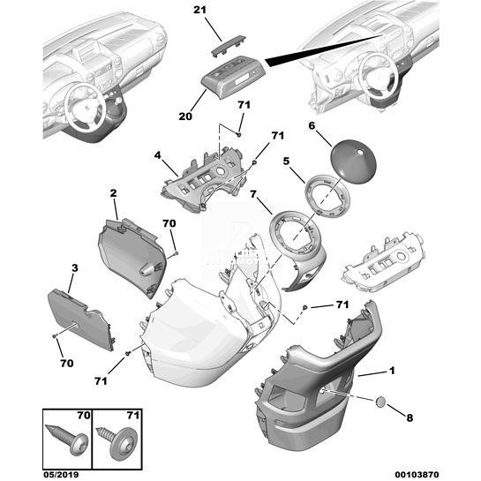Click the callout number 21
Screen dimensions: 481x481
pos(199,10)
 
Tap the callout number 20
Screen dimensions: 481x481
pos(185,116)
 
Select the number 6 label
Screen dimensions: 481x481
pos(312,125)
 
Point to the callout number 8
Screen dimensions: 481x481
pos(410,417)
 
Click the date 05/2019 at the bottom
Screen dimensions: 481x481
pos(61,475)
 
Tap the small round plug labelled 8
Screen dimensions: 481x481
pos(380,402)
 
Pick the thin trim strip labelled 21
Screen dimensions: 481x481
pos(228,45)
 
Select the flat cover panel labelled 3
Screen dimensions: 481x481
pos(81,319)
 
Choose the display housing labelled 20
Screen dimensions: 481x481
pos(233,77)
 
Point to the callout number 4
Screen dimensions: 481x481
pos(157,155)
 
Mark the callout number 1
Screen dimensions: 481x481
pos(392,371)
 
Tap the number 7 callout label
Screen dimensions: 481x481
pos(253,194)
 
